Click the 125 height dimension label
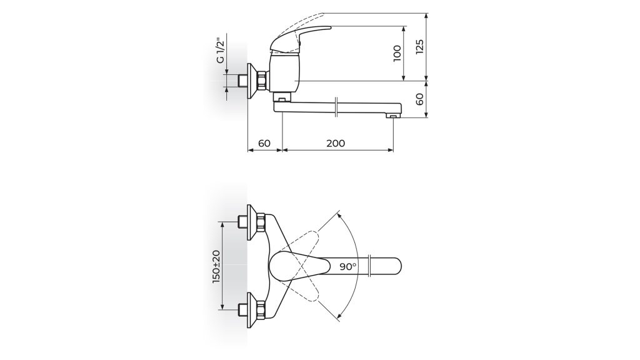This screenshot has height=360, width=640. click(419, 46)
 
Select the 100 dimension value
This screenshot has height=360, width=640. click(397, 54)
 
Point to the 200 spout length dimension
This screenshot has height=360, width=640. click(336, 143)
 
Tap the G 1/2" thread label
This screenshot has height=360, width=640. click(220, 51)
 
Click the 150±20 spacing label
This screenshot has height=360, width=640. click(216, 266)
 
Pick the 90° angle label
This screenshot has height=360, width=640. click(347, 267)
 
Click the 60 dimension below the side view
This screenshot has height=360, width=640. click(264, 143)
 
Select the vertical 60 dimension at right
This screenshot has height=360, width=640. click(419, 99)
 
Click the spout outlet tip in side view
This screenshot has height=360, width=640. click(393, 117)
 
